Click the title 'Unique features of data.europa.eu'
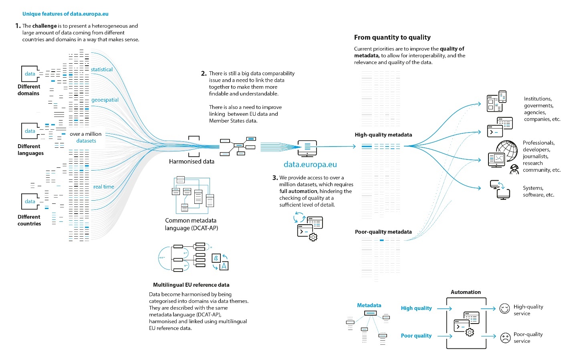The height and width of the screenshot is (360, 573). [x=65, y=14]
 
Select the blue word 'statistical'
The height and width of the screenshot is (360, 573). [x=102, y=69]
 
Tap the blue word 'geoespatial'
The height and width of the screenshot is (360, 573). [x=105, y=100]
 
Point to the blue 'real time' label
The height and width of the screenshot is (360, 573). [x=104, y=187]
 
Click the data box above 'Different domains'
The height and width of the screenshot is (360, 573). [x=30, y=74]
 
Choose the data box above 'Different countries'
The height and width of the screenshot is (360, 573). [x=30, y=201]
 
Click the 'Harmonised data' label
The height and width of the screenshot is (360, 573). [x=192, y=161]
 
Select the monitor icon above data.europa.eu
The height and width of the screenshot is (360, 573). [x=307, y=148]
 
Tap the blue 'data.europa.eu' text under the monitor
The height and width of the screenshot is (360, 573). [x=310, y=164]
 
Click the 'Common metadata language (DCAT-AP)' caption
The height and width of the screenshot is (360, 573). [x=191, y=224]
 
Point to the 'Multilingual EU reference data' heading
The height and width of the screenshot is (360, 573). [x=191, y=285]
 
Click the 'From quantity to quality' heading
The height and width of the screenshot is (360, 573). [x=392, y=37]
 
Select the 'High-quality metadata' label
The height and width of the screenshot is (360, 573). [x=383, y=135]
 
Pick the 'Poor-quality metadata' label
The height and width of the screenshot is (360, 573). [x=383, y=232]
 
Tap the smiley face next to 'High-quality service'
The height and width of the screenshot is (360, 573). [x=505, y=309]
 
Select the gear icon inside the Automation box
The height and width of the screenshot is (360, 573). [x=470, y=332]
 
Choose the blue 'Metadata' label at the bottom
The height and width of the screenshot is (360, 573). [x=369, y=305]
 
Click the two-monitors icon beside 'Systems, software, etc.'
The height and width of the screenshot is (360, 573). [x=500, y=190]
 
